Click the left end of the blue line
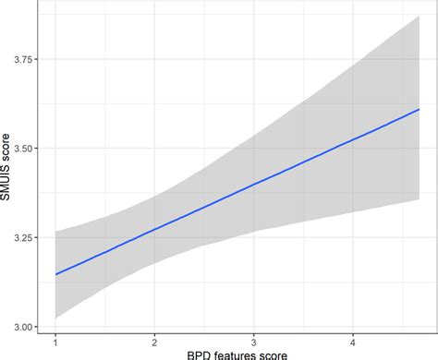[55, 274]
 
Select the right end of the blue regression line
[420, 109]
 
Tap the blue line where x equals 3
[253, 185]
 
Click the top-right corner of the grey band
[420, 16]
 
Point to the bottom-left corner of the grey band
[55, 318]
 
